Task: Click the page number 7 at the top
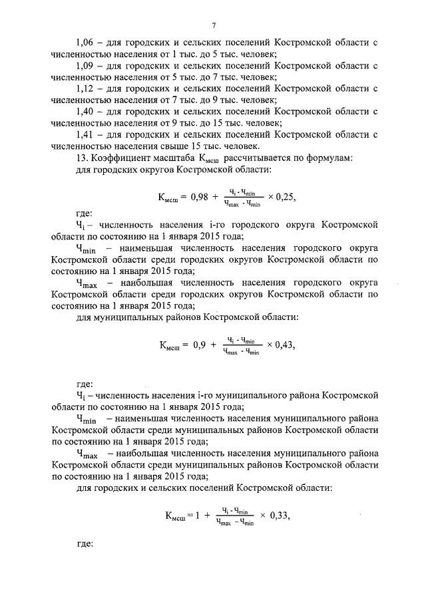213,25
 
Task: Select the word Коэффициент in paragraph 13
117,158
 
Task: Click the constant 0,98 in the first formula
200,198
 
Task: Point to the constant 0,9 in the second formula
199,345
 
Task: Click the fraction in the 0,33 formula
236,516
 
